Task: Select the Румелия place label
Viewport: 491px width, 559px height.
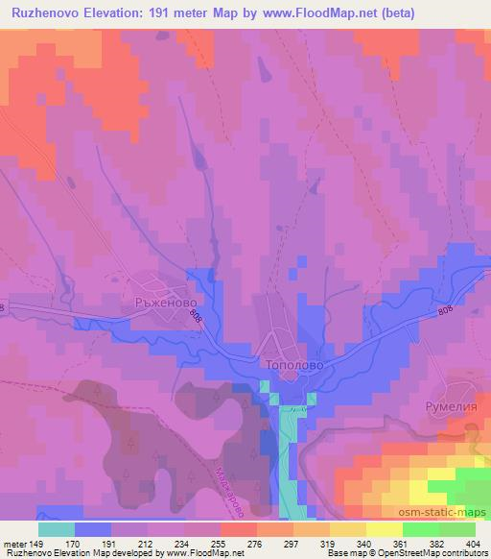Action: tap(450, 406)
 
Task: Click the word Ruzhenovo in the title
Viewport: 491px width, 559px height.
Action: tap(47, 12)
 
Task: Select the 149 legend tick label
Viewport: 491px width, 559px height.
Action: tap(36, 543)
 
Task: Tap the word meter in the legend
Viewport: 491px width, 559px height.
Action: tap(14, 543)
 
